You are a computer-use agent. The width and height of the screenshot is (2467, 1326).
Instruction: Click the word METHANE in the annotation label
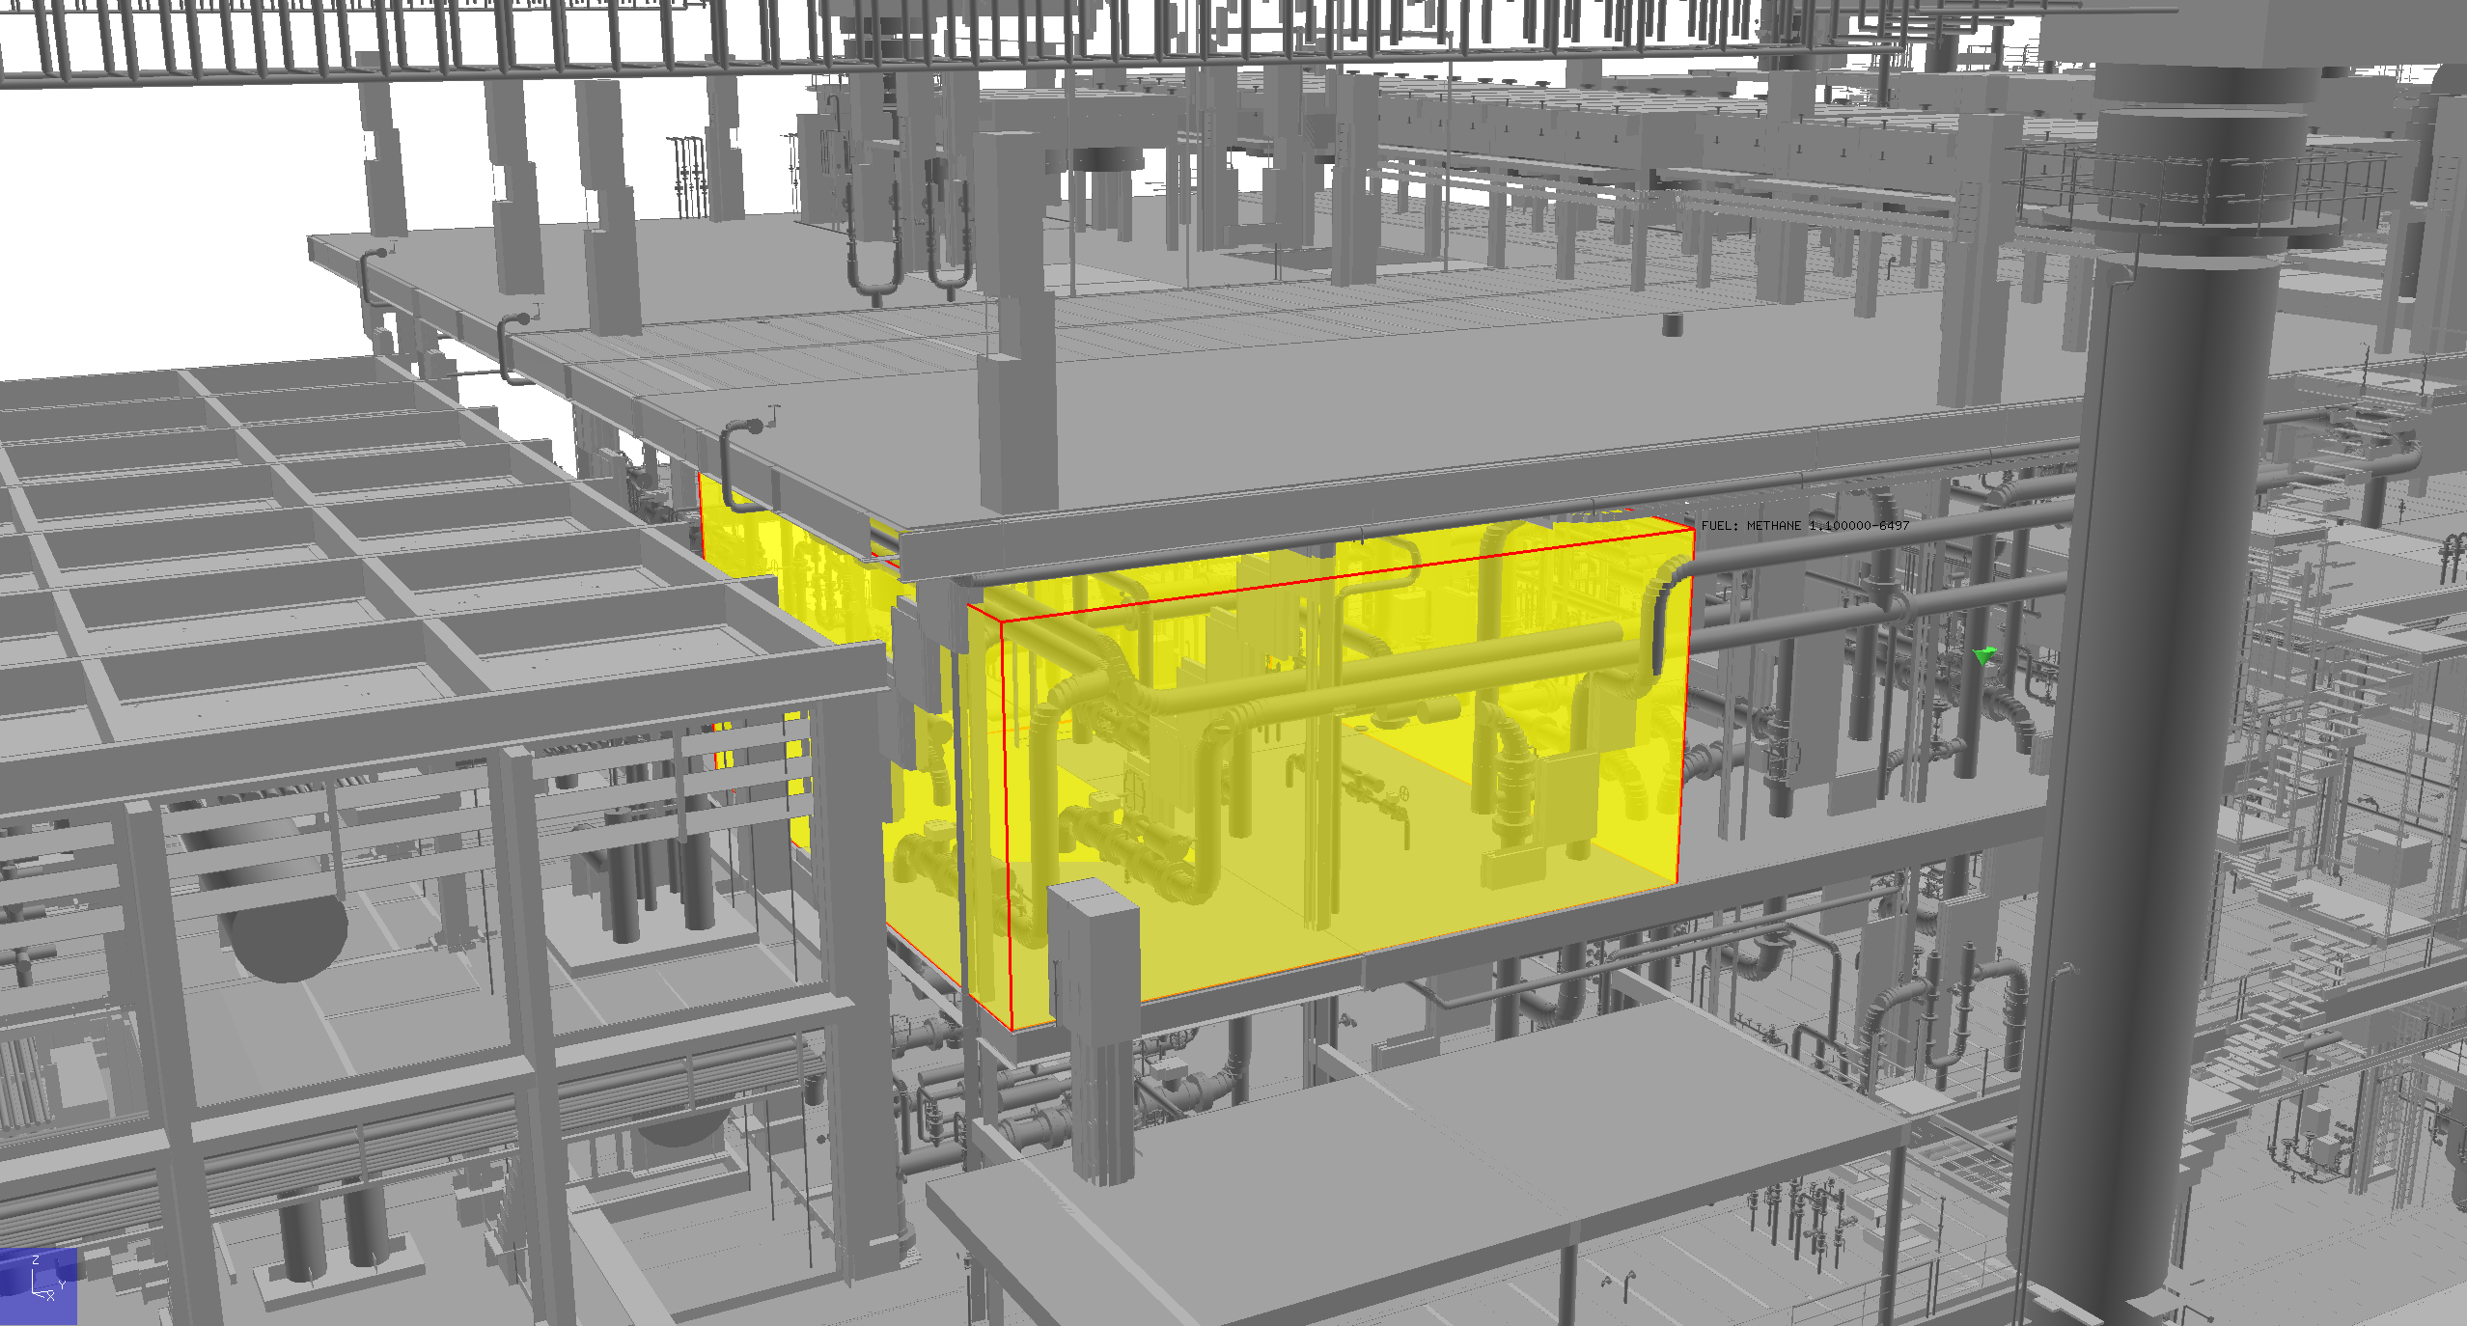(1773, 526)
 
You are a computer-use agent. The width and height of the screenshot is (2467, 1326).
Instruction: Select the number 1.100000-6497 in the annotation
(1859, 526)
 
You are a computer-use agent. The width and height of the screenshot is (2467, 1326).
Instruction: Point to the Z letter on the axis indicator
(36, 1260)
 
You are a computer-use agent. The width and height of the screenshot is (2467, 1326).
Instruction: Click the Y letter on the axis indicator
(62, 1285)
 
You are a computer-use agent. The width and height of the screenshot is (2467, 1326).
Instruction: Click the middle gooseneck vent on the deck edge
(510, 338)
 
